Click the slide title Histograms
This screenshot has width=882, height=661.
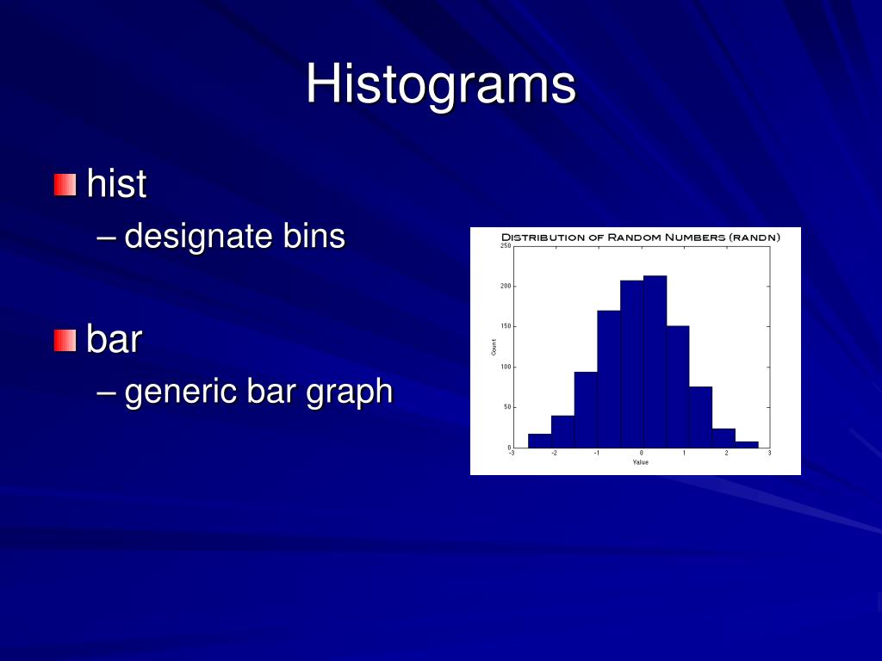(440, 84)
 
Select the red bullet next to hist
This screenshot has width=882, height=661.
(65, 184)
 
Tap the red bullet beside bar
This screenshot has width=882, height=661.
(65, 340)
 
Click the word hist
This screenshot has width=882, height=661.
(116, 184)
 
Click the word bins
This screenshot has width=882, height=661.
(314, 236)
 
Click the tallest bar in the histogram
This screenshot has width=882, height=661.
(655, 361)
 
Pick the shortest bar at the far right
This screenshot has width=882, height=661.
(747, 445)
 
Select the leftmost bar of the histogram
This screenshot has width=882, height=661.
(539, 441)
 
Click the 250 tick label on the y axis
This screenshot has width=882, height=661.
(506, 246)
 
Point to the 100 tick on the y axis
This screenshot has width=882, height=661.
(506, 367)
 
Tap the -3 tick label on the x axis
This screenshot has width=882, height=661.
(512, 454)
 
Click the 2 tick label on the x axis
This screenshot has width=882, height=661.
(726, 454)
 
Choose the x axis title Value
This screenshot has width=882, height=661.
(640, 463)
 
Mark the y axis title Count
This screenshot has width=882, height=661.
(494, 347)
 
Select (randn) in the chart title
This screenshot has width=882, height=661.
(755, 237)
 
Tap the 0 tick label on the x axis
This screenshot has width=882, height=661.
(641, 454)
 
